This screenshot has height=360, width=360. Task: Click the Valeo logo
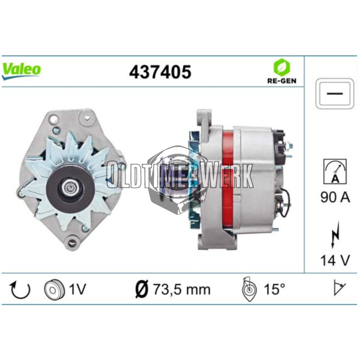[x=21, y=71]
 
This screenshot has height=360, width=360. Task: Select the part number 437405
[x=160, y=72]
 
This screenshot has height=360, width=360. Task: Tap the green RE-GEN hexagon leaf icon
[x=282, y=67]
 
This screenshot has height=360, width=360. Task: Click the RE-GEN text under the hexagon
[x=282, y=81]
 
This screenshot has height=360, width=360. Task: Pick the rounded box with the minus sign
[x=334, y=94]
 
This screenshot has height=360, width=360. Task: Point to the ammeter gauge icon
[x=335, y=171]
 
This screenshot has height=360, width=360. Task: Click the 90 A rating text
[x=335, y=197]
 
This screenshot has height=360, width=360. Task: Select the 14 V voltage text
[x=335, y=260]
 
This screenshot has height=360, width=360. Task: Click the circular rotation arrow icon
[x=20, y=289]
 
